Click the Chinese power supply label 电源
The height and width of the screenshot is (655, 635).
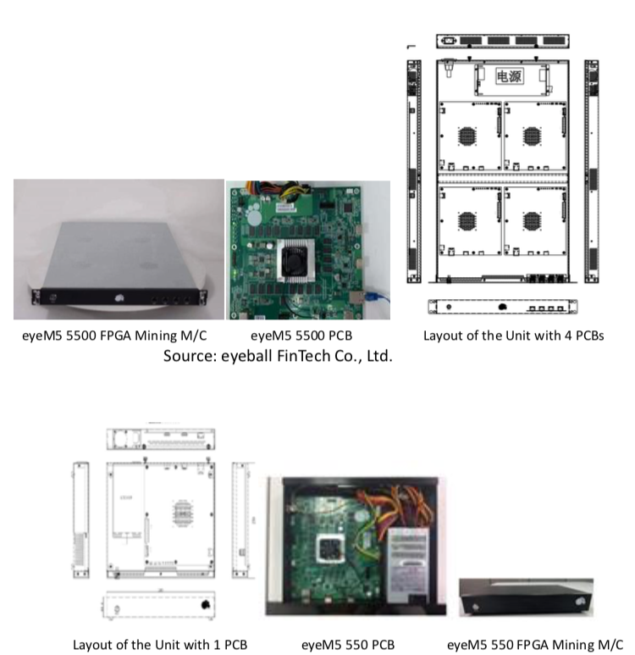pyautogui.click(x=509, y=76)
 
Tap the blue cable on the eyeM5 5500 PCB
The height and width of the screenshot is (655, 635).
pyautogui.click(x=376, y=298)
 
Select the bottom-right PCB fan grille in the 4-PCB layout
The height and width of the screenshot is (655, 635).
pyautogui.click(x=532, y=222)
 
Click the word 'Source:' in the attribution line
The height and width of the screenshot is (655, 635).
pyautogui.click(x=190, y=356)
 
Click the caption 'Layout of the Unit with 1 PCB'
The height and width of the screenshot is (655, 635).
pyautogui.click(x=160, y=643)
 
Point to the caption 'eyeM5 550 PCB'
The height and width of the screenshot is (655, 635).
pyautogui.click(x=348, y=643)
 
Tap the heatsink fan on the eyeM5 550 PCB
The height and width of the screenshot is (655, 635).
pyautogui.click(x=329, y=549)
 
